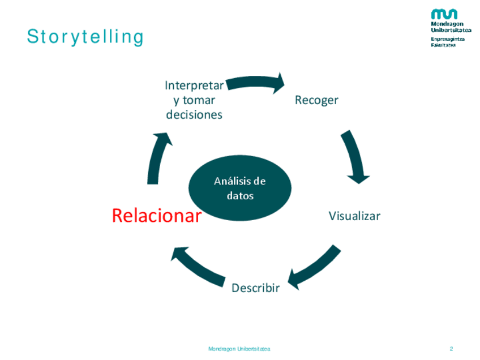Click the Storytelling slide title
pyautogui.click(x=85, y=37)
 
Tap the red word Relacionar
pyautogui.click(x=157, y=216)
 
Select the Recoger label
pyautogui.click(x=316, y=100)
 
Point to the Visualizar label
pyautogui.click(x=354, y=216)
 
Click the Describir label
pyautogui.click(x=256, y=288)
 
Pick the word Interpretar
pyautogui.click(x=194, y=85)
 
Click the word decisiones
pyautogui.click(x=194, y=115)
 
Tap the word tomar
pyautogui.click(x=199, y=100)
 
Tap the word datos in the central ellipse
pyautogui.click(x=240, y=196)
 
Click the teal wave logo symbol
pyautogui.click(x=444, y=14)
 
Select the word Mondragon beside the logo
pyautogui.click(x=447, y=24)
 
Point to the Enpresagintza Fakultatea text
pyautogui.click(x=448, y=42)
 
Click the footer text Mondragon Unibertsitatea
pyautogui.click(x=239, y=349)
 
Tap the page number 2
pyautogui.click(x=451, y=349)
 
